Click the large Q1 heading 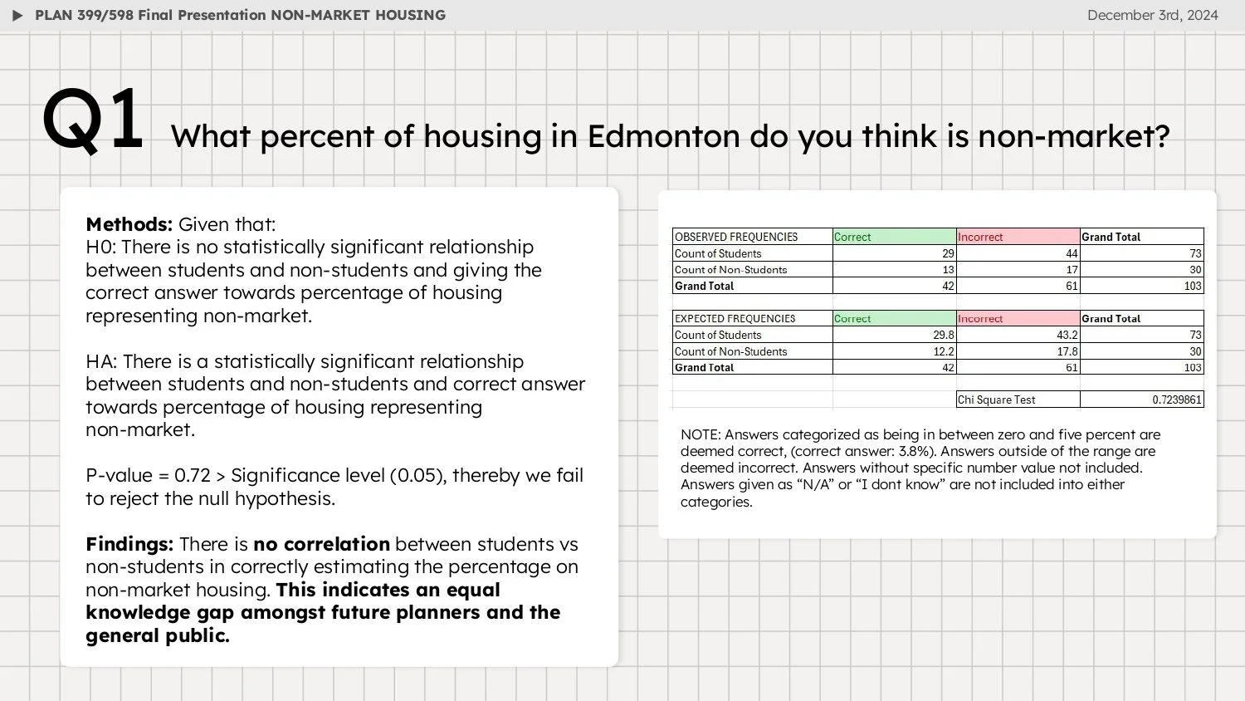(x=93, y=121)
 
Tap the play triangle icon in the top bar (x=17, y=15)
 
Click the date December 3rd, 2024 (x=1152, y=15)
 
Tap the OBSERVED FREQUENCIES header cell (x=736, y=237)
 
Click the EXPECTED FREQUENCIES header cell (x=735, y=318)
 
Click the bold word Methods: (x=129, y=224)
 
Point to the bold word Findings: (x=129, y=544)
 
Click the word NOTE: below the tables (x=701, y=434)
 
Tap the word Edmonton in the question (x=663, y=136)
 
